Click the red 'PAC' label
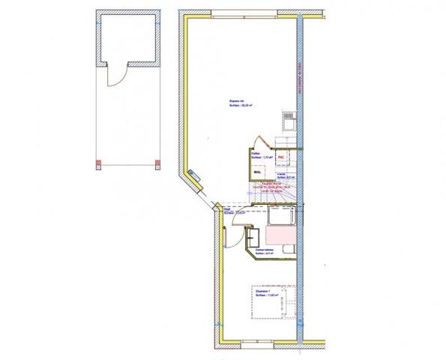[282, 157]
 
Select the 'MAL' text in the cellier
[256, 172]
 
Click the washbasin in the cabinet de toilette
[253, 238]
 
